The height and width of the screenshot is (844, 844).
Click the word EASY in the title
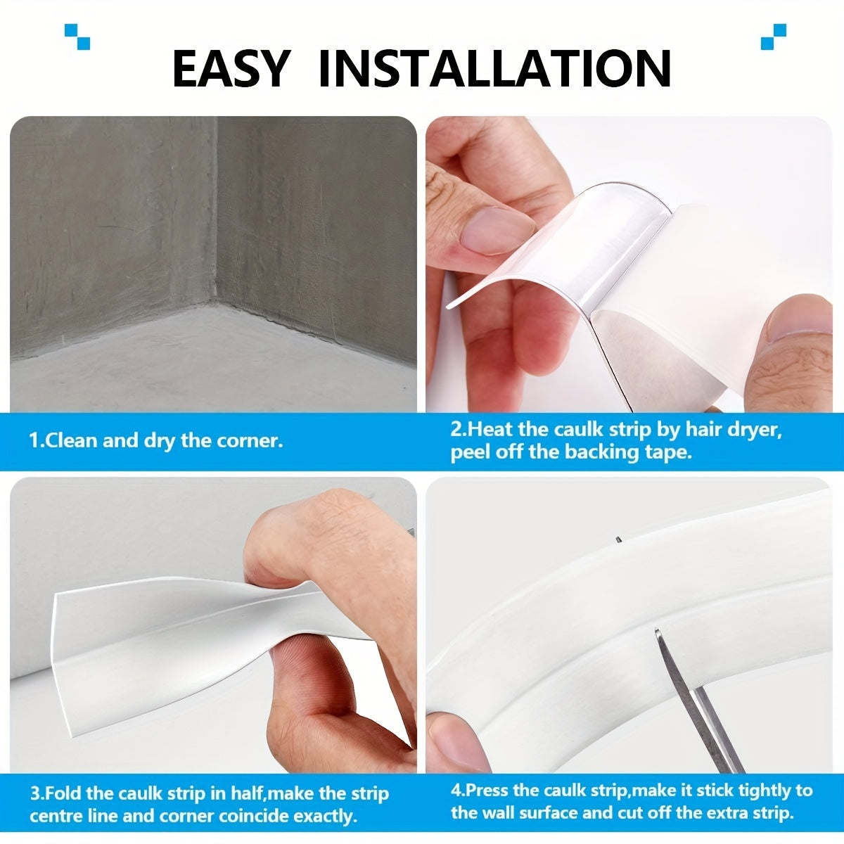[x=230, y=68]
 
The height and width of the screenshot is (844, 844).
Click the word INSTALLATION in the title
[x=494, y=68]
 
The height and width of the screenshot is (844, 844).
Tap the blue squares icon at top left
[x=77, y=36]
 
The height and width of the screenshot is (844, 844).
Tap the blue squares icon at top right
[x=773, y=36]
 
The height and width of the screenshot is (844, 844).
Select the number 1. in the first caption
[x=36, y=441]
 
